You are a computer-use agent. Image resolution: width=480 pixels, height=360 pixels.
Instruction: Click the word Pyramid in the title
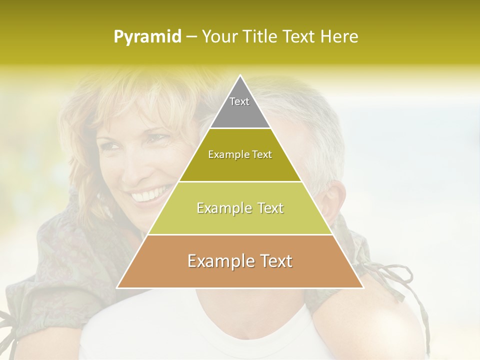point(147,37)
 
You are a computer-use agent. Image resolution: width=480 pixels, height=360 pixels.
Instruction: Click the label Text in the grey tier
point(239,101)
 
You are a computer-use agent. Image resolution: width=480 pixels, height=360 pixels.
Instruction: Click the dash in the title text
point(191,37)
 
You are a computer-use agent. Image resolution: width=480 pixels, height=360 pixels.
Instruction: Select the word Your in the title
point(218,36)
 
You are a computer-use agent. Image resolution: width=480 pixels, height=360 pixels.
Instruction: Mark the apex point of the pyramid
point(240,76)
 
